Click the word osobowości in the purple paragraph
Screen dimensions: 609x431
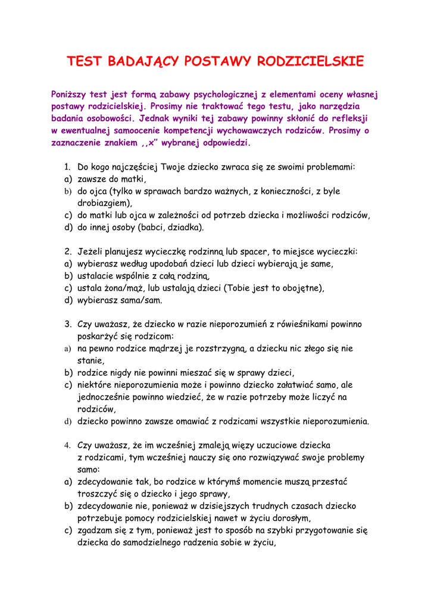pyautogui.click(x=102, y=118)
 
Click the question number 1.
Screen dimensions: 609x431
pyautogui.click(x=68, y=167)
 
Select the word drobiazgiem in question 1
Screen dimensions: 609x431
pyautogui.click(x=104, y=203)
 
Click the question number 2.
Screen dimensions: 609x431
pyautogui.click(x=68, y=252)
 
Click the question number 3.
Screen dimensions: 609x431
pyautogui.click(x=68, y=324)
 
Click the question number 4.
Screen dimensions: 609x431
pyautogui.click(x=68, y=445)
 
